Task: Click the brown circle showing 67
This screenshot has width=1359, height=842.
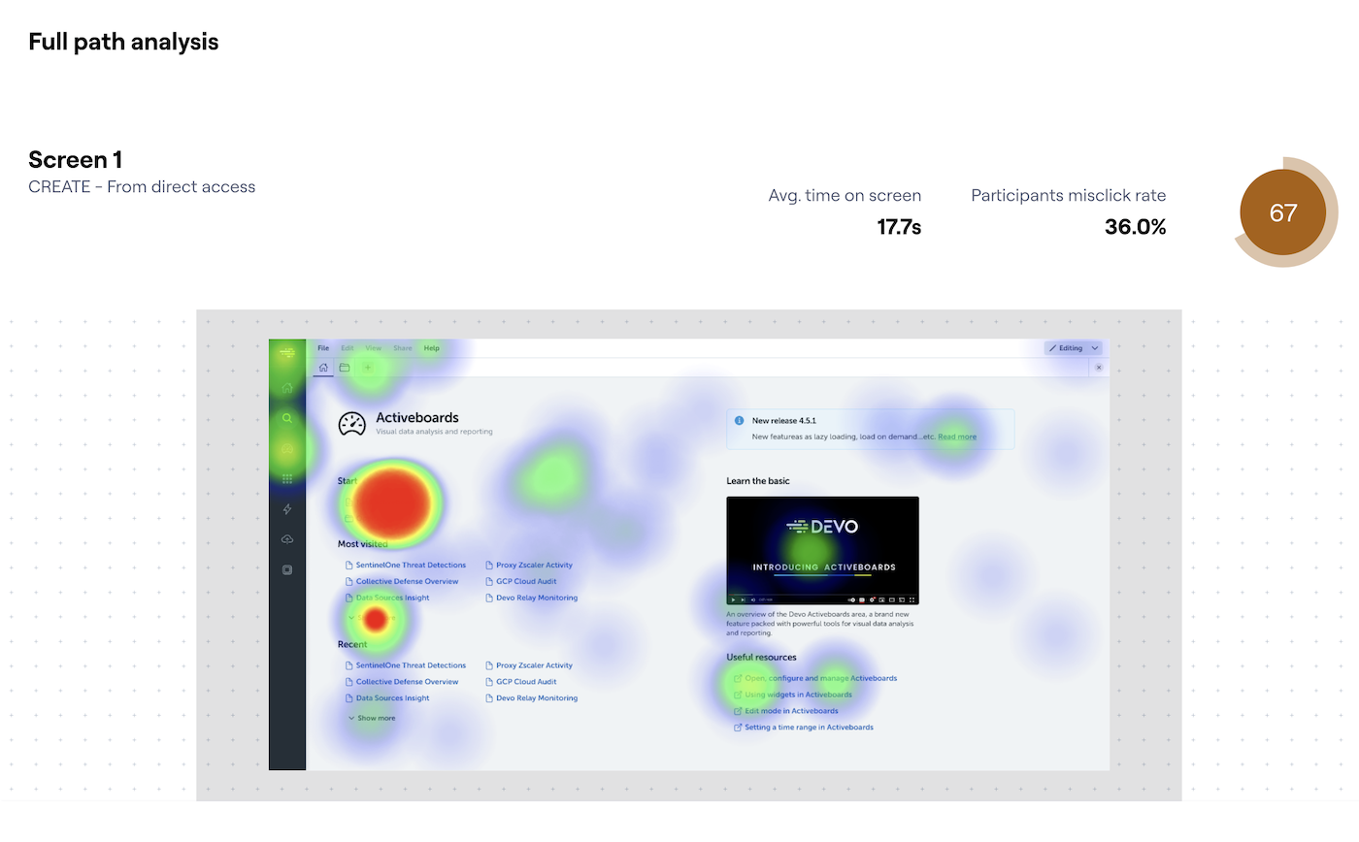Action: pos(1282,212)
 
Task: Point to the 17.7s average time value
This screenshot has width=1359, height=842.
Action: pos(898,227)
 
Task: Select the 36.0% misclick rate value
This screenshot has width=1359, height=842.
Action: pos(1135,227)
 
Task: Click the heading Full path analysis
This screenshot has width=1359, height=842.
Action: pos(123,42)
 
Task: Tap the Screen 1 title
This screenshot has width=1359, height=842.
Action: pos(75,160)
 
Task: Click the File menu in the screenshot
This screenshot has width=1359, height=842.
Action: pos(323,348)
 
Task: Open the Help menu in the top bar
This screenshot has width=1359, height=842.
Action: pos(432,348)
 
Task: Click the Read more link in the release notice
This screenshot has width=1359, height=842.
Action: pos(957,437)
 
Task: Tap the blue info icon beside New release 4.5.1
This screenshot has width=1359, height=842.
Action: pos(739,421)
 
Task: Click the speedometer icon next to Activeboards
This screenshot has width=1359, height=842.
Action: pos(351,424)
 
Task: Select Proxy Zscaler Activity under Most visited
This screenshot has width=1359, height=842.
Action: pos(534,565)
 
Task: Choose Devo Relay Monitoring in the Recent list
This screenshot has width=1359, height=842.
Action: pos(537,698)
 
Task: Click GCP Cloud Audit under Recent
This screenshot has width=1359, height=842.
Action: pos(526,682)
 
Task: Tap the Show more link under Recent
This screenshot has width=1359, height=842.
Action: pos(376,718)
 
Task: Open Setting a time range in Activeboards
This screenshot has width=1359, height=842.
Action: pos(809,727)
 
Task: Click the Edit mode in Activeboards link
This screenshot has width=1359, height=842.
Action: pos(791,711)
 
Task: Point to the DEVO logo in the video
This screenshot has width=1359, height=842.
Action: pos(822,527)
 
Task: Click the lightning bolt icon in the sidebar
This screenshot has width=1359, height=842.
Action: pos(287,509)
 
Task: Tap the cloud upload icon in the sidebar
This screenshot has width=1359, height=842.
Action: pos(287,539)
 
